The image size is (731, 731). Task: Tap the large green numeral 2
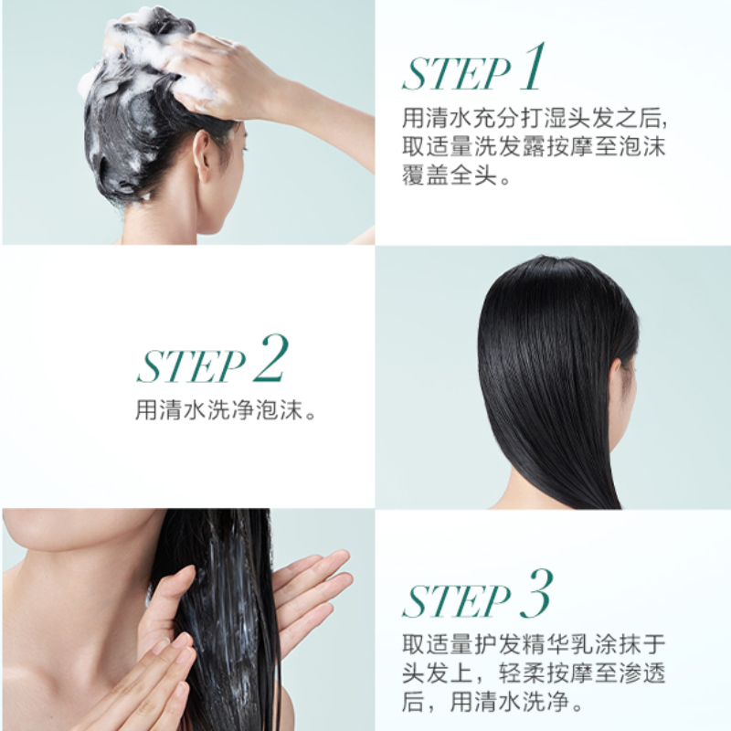click(271, 358)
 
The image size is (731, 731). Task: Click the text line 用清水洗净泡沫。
click(227, 410)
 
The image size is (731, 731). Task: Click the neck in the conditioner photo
click(82, 594)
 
